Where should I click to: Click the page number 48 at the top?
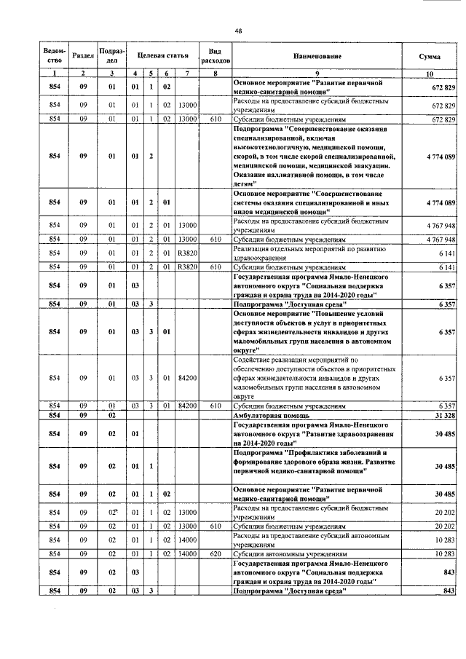pyautogui.click(x=238, y=30)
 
